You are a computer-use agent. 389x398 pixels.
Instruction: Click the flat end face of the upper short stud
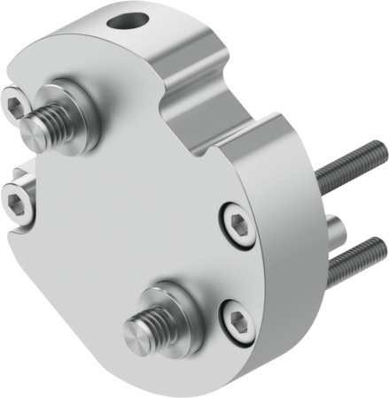(x=32, y=133)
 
